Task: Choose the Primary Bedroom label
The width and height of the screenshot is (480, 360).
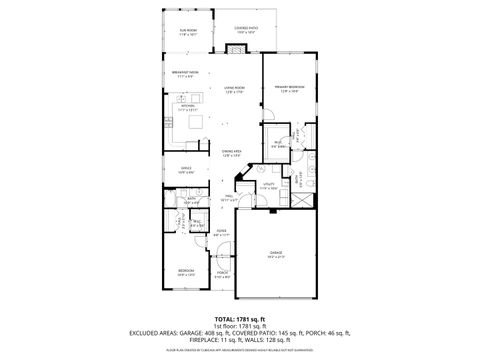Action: click(289, 89)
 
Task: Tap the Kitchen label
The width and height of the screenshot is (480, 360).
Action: click(185, 106)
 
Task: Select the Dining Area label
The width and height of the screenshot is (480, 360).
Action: click(233, 153)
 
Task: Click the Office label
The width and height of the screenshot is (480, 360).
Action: click(186, 169)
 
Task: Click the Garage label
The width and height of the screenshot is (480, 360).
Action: click(276, 254)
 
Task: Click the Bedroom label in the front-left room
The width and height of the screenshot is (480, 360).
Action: click(186, 272)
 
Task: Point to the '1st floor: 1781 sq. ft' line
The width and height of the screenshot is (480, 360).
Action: click(240, 326)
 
